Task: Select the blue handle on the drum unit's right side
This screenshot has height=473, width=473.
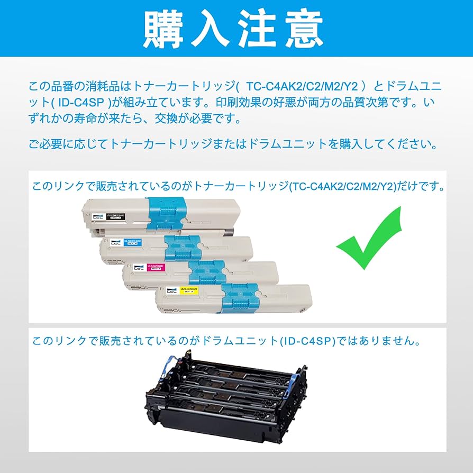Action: tap(297, 379)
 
